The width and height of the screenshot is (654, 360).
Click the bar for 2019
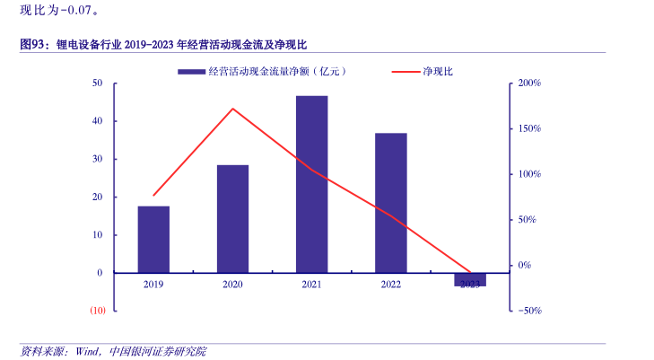[153, 239]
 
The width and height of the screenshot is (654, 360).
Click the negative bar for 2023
[469, 279]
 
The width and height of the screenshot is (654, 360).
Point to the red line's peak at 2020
[232, 109]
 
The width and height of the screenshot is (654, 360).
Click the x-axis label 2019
[153, 285]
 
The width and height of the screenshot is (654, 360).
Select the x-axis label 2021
[311, 285]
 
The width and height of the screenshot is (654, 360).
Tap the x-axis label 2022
[390, 285]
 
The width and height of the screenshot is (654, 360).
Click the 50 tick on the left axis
[97, 83]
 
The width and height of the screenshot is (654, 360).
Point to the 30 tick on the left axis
[97, 159]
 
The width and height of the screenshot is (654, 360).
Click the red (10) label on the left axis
[97, 311]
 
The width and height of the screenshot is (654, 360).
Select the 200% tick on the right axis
[529, 83]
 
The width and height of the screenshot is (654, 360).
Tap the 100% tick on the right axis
[529, 174]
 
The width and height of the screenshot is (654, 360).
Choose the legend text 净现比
[439, 71]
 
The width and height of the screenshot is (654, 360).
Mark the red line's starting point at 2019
[153, 195]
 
